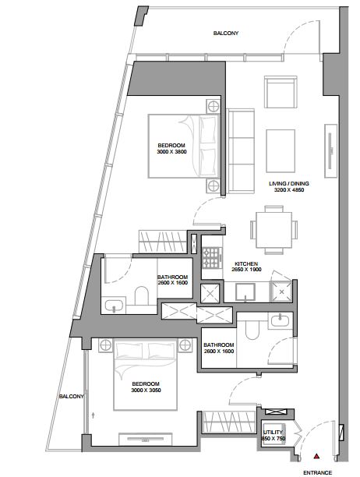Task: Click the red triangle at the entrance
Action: (x=316, y=456)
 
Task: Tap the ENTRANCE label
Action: (x=317, y=473)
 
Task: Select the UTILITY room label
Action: (x=273, y=433)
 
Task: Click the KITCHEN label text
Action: (x=246, y=264)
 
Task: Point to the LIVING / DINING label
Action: (x=289, y=183)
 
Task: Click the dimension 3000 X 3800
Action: (x=171, y=151)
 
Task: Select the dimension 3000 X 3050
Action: (x=146, y=390)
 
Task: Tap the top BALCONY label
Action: (x=226, y=33)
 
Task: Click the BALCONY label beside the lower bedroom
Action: (x=71, y=397)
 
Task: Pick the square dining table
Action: (x=274, y=230)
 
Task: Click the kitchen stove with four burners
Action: (x=213, y=258)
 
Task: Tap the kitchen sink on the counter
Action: (x=245, y=292)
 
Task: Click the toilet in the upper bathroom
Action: (x=141, y=295)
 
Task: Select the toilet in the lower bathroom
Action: (x=252, y=330)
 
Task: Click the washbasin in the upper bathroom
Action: (x=114, y=306)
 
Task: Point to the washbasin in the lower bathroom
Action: (x=280, y=321)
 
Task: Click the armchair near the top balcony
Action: (x=281, y=92)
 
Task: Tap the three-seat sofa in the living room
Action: (x=241, y=151)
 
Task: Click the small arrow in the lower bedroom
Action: (x=93, y=415)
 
